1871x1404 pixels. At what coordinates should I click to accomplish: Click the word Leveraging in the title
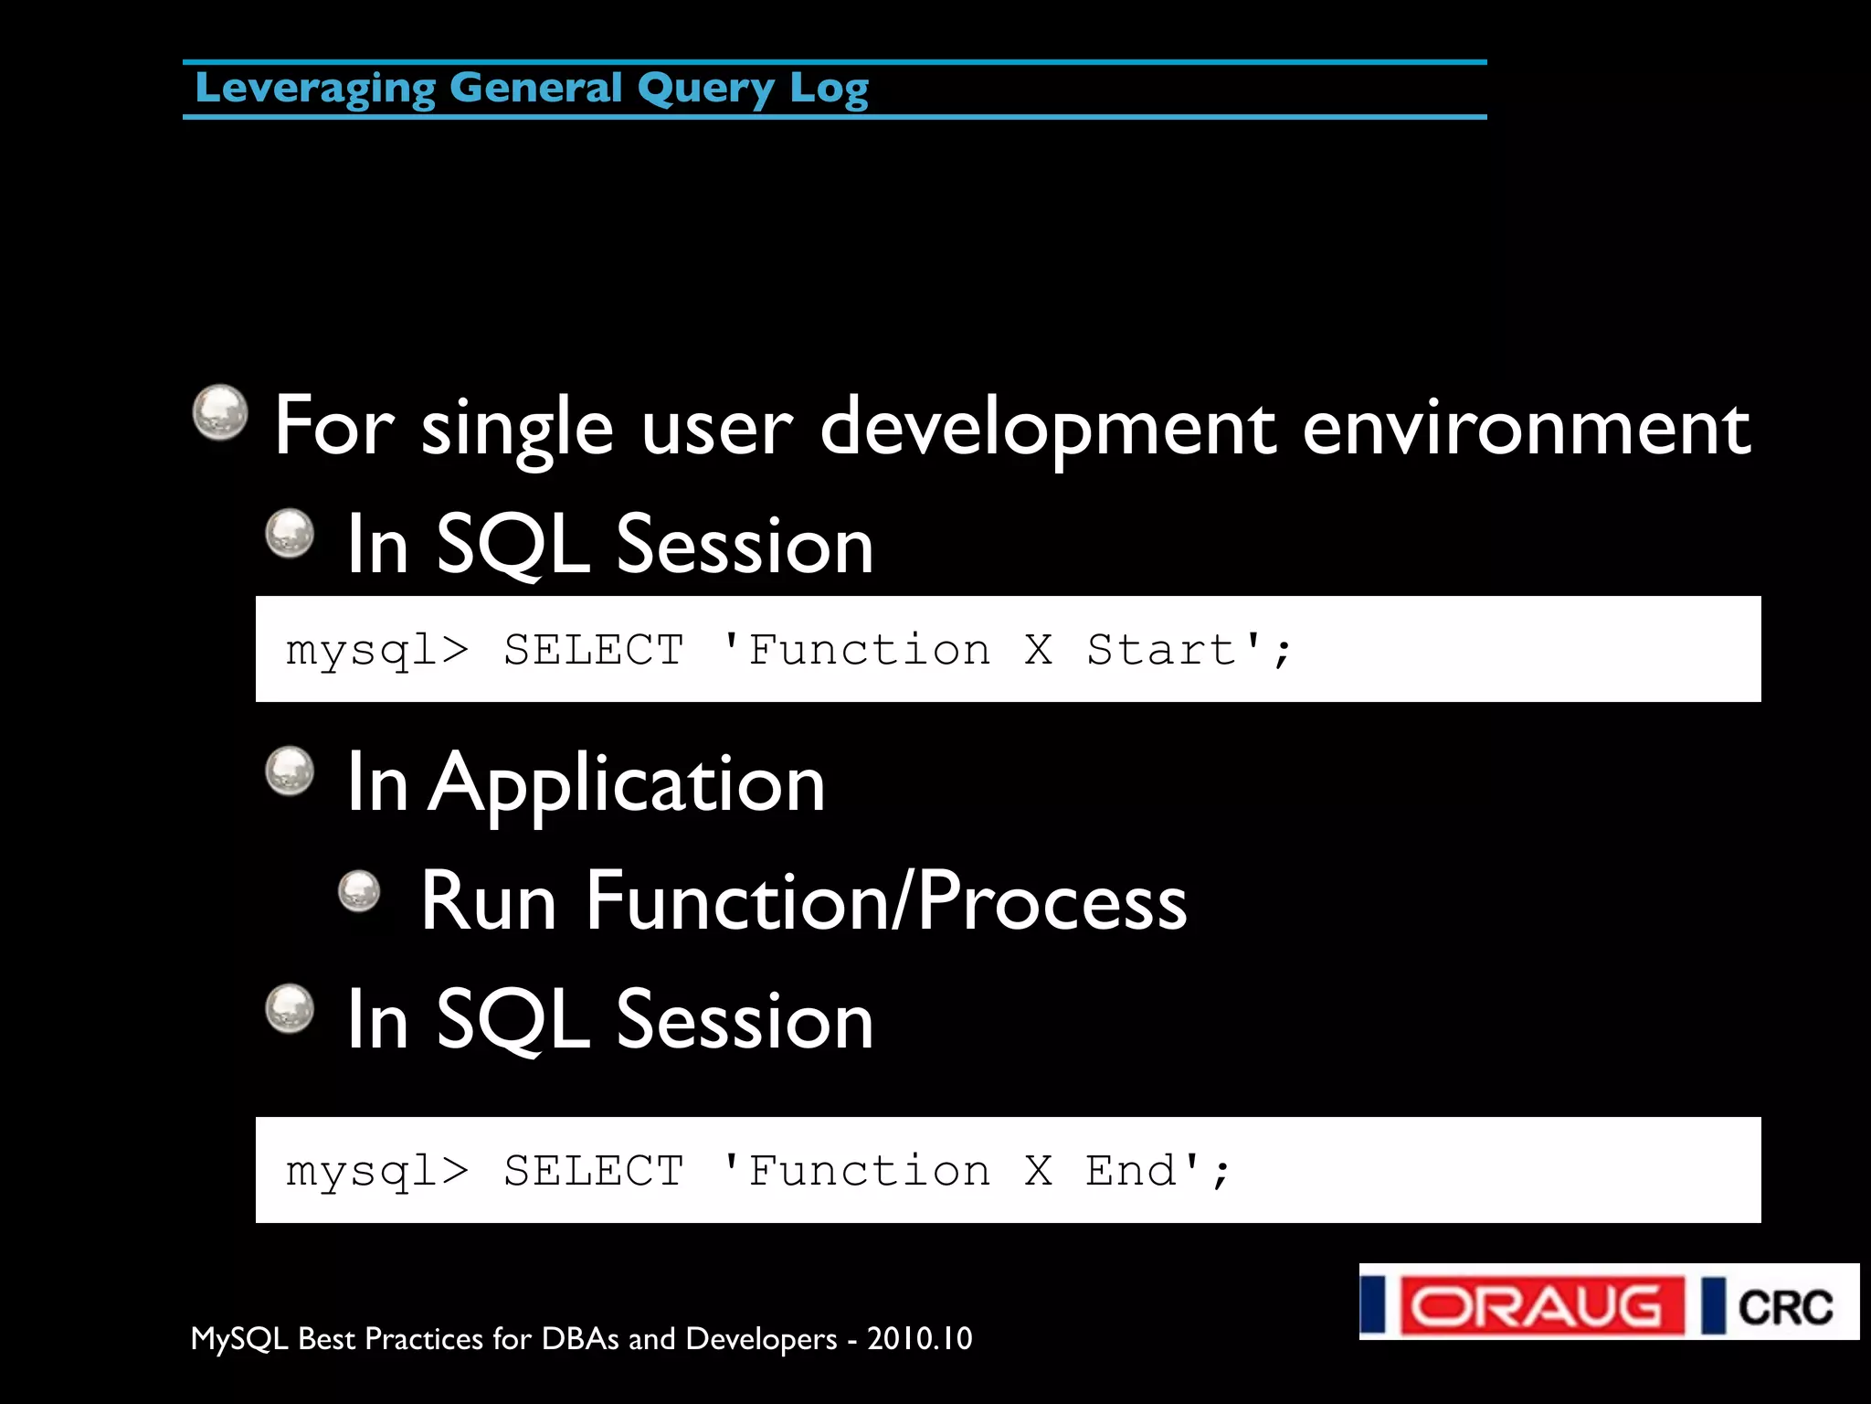[x=315, y=90]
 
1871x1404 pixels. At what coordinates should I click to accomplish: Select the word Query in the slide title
[x=705, y=90]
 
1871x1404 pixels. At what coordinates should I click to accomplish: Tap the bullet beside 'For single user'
[x=220, y=411]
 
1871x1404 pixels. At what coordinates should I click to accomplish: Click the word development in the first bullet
[x=1047, y=428]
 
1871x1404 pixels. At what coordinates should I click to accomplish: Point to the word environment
[x=1526, y=428]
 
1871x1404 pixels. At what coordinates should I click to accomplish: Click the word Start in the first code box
[x=1161, y=651]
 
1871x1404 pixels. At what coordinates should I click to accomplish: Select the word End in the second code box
[x=1131, y=1171]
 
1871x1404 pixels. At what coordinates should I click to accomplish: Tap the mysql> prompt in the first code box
[x=376, y=651]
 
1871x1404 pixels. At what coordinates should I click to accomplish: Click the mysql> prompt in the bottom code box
[x=376, y=1171]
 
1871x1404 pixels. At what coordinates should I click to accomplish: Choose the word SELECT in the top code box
[x=594, y=651]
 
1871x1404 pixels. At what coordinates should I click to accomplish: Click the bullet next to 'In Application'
[x=290, y=771]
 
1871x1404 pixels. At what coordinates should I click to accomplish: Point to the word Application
[x=628, y=784]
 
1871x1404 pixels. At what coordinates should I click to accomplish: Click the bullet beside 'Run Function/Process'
[x=359, y=890]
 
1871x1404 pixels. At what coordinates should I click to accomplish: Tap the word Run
[x=488, y=902]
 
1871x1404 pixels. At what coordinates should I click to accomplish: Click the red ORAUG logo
[x=1541, y=1305]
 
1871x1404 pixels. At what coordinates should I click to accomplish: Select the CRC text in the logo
[x=1784, y=1307]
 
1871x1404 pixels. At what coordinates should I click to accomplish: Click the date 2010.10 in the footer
[x=919, y=1339]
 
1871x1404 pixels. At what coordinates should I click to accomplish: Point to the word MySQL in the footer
[x=239, y=1339]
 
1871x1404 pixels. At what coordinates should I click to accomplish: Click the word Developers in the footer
[x=761, y=1339]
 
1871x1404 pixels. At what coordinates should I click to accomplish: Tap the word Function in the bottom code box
[x=868, y=1171]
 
